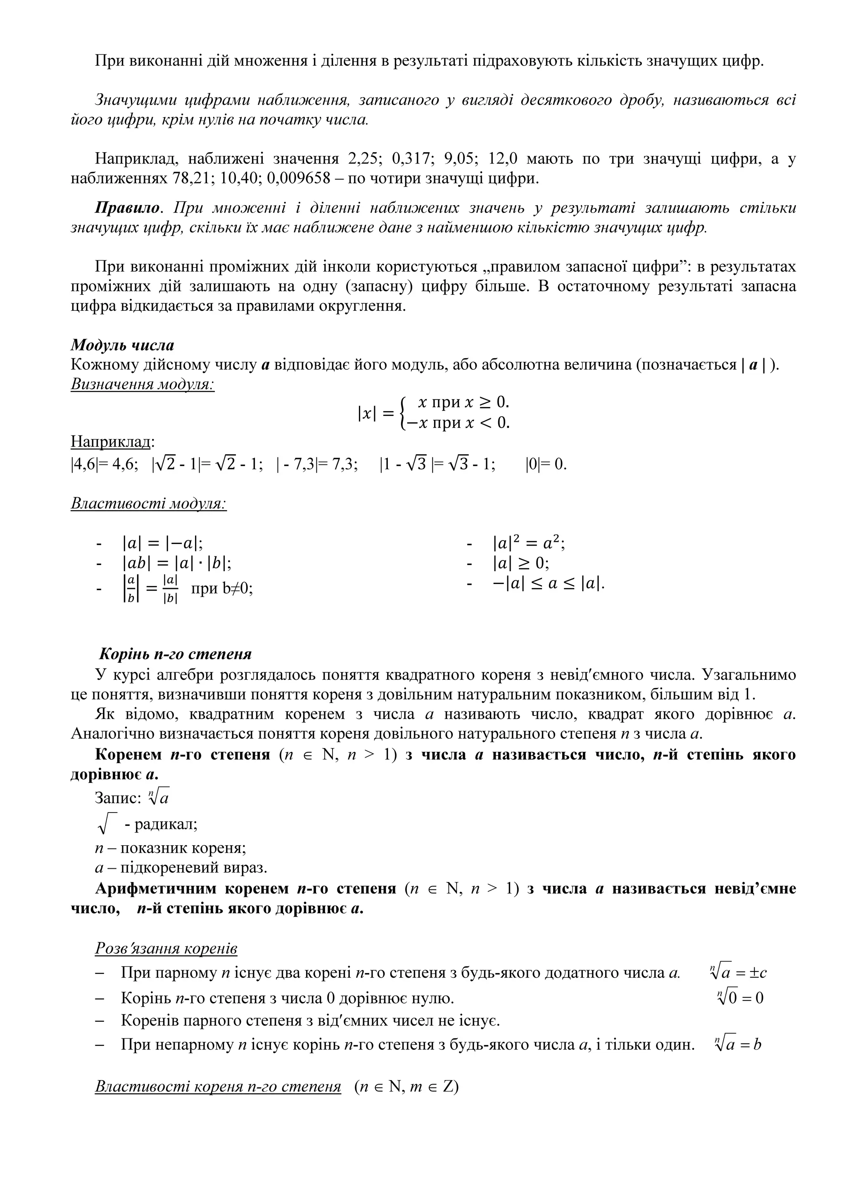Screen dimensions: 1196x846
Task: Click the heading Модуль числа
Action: click(x=123, y=345)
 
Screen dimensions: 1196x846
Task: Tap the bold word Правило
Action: click(x=127, y=208)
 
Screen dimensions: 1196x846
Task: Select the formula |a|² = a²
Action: click(x=529, y=544)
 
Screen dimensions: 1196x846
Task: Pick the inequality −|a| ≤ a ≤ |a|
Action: click(x=548, y=584)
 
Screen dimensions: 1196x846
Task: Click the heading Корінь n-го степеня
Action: click(x=176, y=654)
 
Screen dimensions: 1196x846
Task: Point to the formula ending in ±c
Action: click(x=738, y=972)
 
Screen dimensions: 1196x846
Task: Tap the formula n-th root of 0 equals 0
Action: click(x=740, y=997)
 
